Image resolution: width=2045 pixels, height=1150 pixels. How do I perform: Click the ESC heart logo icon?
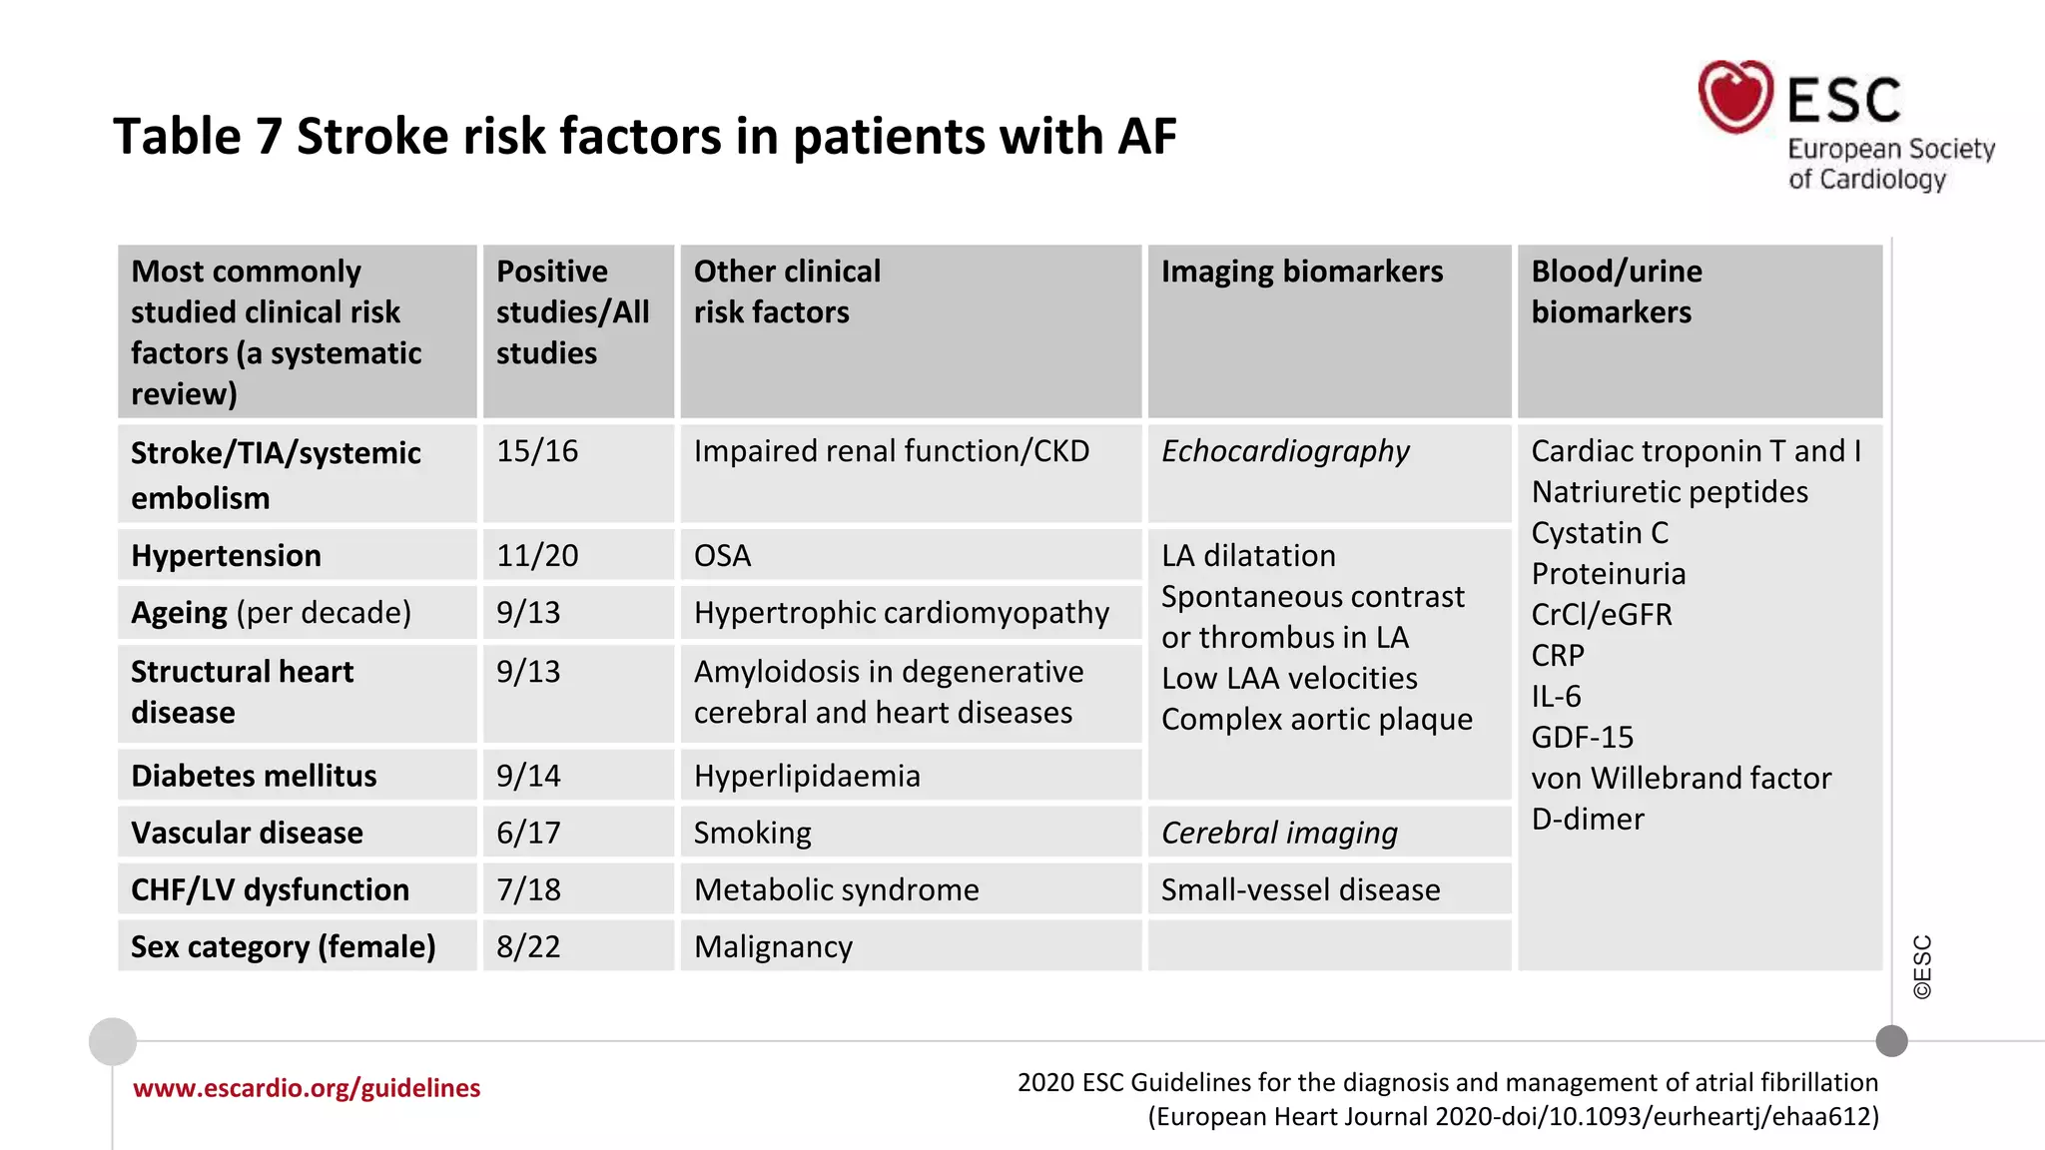coord(1735,97)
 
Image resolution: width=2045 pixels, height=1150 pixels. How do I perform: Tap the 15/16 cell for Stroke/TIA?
coord(537,451)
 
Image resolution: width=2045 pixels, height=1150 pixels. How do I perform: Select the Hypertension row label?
coord(227,556)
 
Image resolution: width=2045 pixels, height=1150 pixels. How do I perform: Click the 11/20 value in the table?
coord(537,556)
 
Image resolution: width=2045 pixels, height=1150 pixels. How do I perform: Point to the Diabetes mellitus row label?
coord(254,776)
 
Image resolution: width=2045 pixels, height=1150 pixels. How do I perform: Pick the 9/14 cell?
coord(528,776)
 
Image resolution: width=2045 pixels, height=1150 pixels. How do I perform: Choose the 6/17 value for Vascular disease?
coord(528,833)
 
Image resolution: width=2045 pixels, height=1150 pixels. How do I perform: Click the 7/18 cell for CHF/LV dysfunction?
coord(528,889)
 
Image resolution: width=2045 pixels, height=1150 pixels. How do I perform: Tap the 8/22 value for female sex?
coord(528,946)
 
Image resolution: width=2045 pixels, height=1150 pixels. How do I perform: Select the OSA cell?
coord(722,556)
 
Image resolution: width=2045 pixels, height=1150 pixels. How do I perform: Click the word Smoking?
coord(752,833)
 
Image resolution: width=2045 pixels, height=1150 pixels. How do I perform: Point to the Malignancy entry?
coord(773,946)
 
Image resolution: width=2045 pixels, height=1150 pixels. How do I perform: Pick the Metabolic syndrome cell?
coord(836,889)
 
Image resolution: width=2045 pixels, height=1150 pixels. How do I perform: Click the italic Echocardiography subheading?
coord(1285,451)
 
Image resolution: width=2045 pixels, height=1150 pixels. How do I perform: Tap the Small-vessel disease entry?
coord(1300,889)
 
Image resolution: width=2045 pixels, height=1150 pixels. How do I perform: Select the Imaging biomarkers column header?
coord(1301,272)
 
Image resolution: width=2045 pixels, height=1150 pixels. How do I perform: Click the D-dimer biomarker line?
coord(1588,819)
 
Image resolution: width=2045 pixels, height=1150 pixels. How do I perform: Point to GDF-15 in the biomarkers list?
coord(1583,737)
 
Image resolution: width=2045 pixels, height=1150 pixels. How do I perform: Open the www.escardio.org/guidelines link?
coord(307,1088)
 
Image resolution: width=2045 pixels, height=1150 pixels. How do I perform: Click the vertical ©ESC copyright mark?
coord(1922,967)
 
